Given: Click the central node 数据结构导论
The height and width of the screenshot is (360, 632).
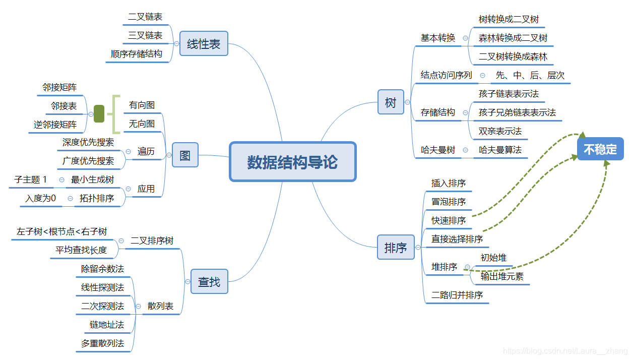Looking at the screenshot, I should pyautogui.click(x=292, y=162).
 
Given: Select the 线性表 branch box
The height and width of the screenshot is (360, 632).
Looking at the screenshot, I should pyautogui.click(x=204, y=44).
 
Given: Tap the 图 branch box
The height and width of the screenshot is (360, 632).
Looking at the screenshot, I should pyautogui.click(x=185, y=155).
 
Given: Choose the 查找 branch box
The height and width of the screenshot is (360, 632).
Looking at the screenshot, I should pyautogui.click(x=209, y=282).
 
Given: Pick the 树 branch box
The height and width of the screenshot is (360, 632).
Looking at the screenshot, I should pyautogui.click(x=391, y=102).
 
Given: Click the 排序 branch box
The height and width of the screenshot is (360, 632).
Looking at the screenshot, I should pyautogui.click(x=396, y=248).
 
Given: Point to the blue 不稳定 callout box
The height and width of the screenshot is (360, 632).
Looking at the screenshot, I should pyautogui.click(x=600, y=149).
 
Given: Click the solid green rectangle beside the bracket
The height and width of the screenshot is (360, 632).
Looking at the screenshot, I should pyautogui.click(x=99, y=114).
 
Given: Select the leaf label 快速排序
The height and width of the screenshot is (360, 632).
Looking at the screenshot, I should pyautogui.click(x=449, y=220).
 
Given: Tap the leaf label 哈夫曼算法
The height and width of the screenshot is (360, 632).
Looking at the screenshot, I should pyautogui.click(x=500, y=150).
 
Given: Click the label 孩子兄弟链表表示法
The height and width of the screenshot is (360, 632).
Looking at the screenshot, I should pyautogui.click(x=517, y=112).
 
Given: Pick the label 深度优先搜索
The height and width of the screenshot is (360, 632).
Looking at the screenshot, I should pyautogui.click(x=88, y=142).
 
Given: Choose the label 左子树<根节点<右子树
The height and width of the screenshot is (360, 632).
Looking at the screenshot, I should pyautogui.click(x=61, y=231).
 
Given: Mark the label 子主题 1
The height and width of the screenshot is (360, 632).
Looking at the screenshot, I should pyautogui.click(x=31, y=179).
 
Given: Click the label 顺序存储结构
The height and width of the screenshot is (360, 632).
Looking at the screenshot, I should pyautogui.click(x=137, y=54).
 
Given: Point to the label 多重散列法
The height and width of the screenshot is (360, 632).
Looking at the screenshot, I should pyautogui.click(x=102, y=343).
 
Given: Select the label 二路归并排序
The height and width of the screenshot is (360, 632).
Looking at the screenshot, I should pyautogui.click(x=457, y=295).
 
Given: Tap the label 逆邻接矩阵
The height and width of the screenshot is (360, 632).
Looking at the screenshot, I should pyautogui.click(x=55, y=125).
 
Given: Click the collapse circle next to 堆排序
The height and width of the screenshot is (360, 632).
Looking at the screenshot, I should pyautogui.click(x=467, y=267).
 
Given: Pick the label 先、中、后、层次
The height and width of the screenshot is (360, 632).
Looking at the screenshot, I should pyautogui.click(x=530, y=75).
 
